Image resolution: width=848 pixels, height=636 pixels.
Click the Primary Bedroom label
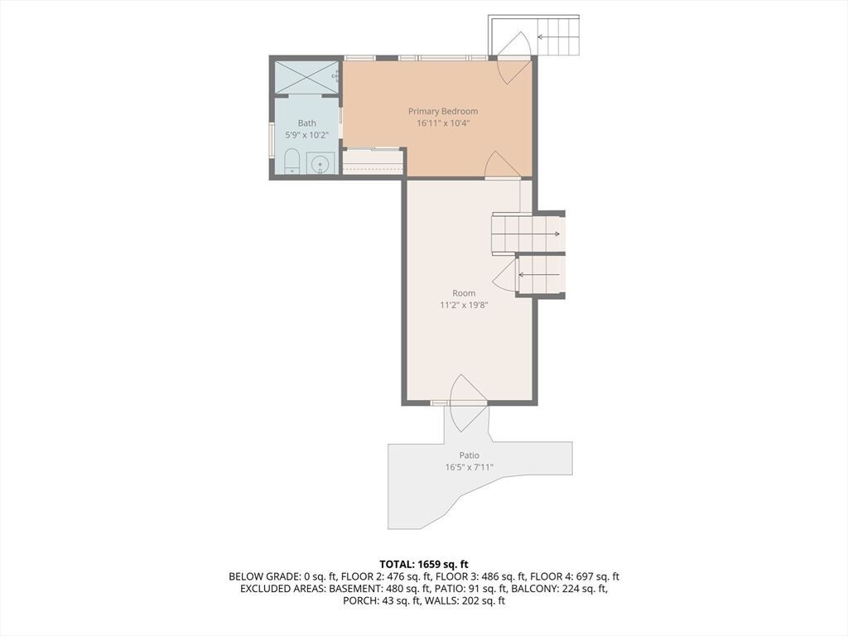point(443,112)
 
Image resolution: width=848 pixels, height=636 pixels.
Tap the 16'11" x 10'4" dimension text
point(443,123)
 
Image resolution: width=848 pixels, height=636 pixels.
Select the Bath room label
point(306,123)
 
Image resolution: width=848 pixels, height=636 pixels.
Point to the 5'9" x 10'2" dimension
point(306,135)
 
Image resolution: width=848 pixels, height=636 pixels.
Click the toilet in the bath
point(292,161)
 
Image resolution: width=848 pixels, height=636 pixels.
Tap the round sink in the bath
point(320,163)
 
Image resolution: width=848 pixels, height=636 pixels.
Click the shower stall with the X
point(306,77)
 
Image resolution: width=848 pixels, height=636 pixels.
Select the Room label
point(464,293)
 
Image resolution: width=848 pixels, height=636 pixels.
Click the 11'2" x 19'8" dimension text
point(464,305)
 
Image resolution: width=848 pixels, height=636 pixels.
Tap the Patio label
point(469,455)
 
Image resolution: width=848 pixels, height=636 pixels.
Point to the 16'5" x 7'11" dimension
point(469,467)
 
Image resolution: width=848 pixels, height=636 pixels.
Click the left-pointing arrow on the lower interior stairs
point(539,275)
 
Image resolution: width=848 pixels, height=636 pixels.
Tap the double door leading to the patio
point(465,403)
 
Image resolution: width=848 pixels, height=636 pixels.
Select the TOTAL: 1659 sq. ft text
point(424,565)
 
